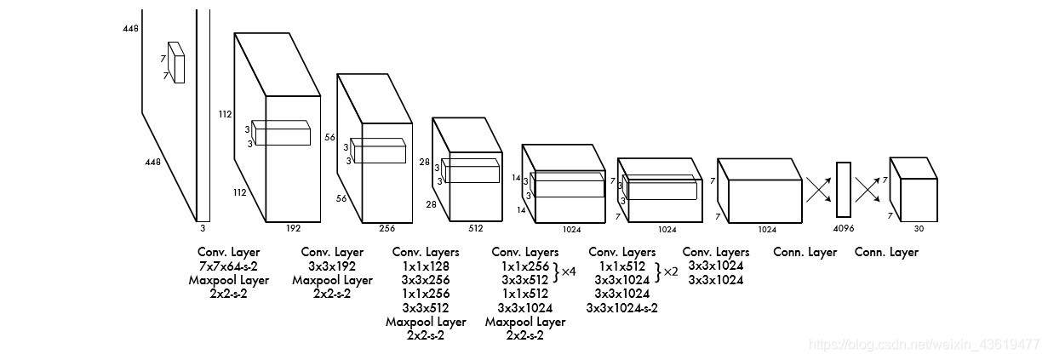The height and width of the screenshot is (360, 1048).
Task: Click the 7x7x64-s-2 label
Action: click(228, 266)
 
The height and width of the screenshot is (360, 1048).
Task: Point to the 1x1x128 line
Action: click(426, 266)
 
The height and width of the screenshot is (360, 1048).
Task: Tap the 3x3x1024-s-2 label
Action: click(621, 307)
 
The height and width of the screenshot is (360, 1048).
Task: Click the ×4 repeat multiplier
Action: click(570, 272)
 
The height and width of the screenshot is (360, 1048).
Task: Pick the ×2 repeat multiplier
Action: click(670, 272)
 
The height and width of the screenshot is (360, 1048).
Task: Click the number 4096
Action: click(843, 229)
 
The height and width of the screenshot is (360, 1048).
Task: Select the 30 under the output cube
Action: click(918, 229)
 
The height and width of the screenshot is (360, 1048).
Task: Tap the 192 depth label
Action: click(293, 228)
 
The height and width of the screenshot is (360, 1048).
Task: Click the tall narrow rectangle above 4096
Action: click(843, 190)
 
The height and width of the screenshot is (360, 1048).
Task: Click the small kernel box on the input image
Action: click(176, 62)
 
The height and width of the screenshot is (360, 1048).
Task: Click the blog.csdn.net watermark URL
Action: click(924, 345)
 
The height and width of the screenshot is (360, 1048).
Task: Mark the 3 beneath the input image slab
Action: click(203, 228)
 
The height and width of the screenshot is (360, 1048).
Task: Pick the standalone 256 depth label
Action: click(387, 228)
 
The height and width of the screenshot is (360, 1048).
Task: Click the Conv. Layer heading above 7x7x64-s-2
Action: click(228, 252)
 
